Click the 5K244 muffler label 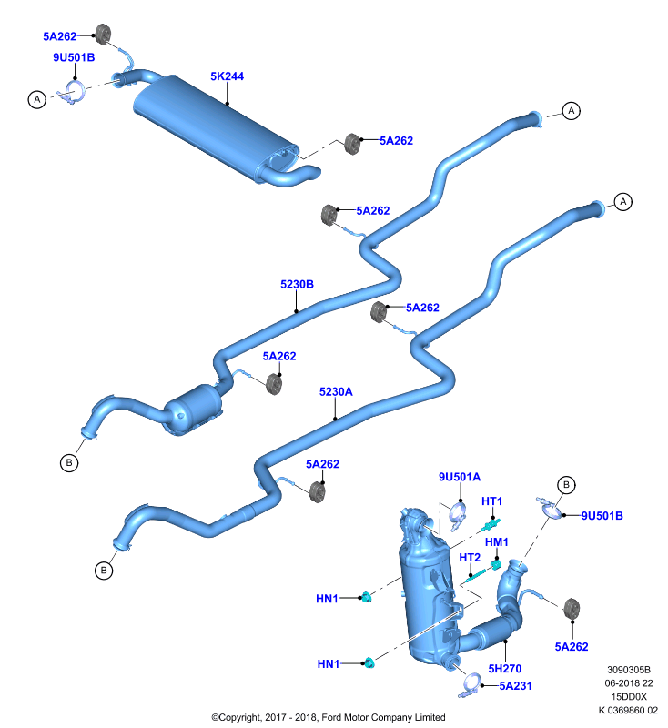pos(227,76)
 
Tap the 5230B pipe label pos(297,284)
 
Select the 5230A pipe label pos(336,392)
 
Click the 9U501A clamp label pos(460,477)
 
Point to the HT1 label pos(492,501)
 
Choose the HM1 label pos(497,542)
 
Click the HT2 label pos(470,558)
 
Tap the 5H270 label pos(505,669)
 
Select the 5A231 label pos(516,686)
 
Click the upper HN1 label pos(328,599)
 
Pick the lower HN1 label pos(329,664)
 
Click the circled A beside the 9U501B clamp pos(37,99)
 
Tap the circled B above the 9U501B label pos(566,485)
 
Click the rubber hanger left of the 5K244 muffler pos(103,34)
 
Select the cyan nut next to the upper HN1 pos(366,597)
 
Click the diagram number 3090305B pos(629,670)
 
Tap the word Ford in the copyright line pos(331,717)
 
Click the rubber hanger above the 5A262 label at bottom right pos(572,609)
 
